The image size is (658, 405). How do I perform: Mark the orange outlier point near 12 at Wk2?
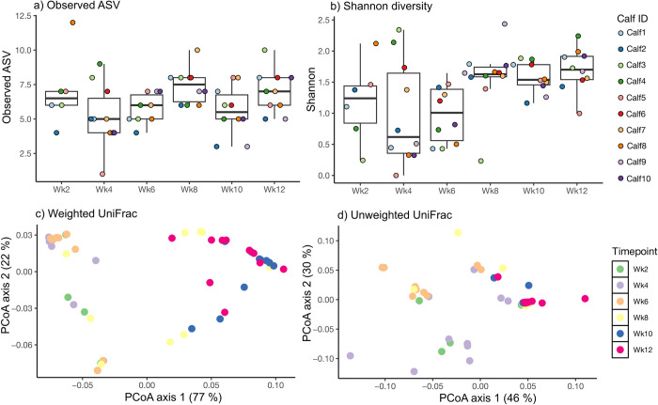click(x=72, y=22)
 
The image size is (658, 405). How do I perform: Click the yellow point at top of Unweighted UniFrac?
click(x=458, y=206)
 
